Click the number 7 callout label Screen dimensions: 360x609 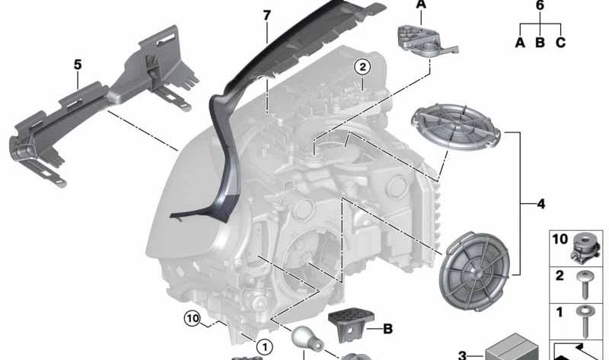(x=266, y=14)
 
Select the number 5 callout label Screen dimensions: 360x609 (x=77, y=65)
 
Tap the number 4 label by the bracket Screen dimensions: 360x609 (x=540, y=204)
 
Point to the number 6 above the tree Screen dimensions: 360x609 (x=540, y=6)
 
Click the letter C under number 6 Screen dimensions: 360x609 (x=560, y=43)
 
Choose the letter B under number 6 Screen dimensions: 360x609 (x=540, y=43)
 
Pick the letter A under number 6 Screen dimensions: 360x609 (x=520, y=43)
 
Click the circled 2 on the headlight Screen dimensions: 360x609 (x=363, y=68)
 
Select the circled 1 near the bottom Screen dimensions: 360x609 (x=264, y=347)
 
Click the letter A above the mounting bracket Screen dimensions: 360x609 (x=421, y=5)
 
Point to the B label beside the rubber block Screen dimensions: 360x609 (x=387, y=330)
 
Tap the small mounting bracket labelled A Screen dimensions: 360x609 (x=422, y=43)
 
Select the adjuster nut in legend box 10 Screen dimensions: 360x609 (x=585, y=245)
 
